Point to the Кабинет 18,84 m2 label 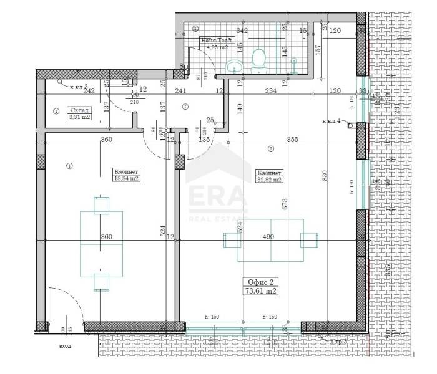pyautogui.click(x=125, y=175)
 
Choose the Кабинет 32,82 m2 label pyautogui.click(x=270, y=176)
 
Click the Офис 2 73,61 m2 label pyautogui.click(x=260, y=286)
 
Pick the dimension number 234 pyautogui.click(x=270, y=90)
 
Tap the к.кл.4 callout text pyautogui.click(x=331, y=121)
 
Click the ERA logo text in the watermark pyautogui.click(x=218, y=195)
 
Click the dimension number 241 pyautogui.click(x=180, y=90)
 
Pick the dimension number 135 pyautogui.click(x=204, y=140)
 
